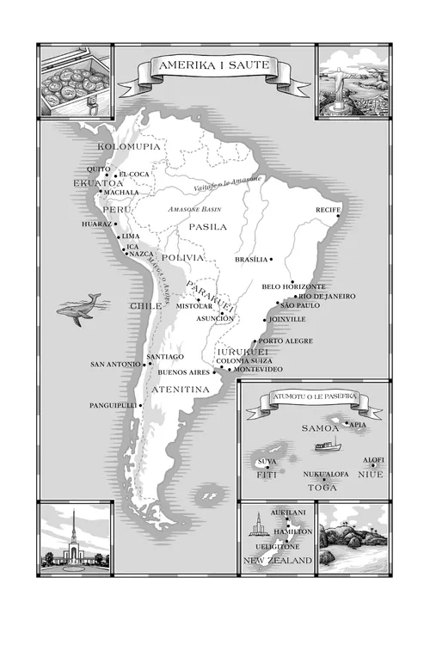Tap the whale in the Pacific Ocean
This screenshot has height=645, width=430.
click(79, 309)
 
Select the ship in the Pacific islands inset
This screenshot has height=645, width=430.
click(328, 445)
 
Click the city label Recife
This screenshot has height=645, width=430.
click(329, 209)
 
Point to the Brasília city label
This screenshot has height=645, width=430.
click(251, 259)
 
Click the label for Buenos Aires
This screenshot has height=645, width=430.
click(184, 372)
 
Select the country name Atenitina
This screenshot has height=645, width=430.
click(181, 390)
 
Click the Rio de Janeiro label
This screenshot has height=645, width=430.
click(327, 296)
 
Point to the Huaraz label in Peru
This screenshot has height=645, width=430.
click(97, 224)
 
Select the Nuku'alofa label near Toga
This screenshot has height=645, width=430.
click(326, 474)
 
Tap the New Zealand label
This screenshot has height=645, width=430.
click(278, 561)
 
